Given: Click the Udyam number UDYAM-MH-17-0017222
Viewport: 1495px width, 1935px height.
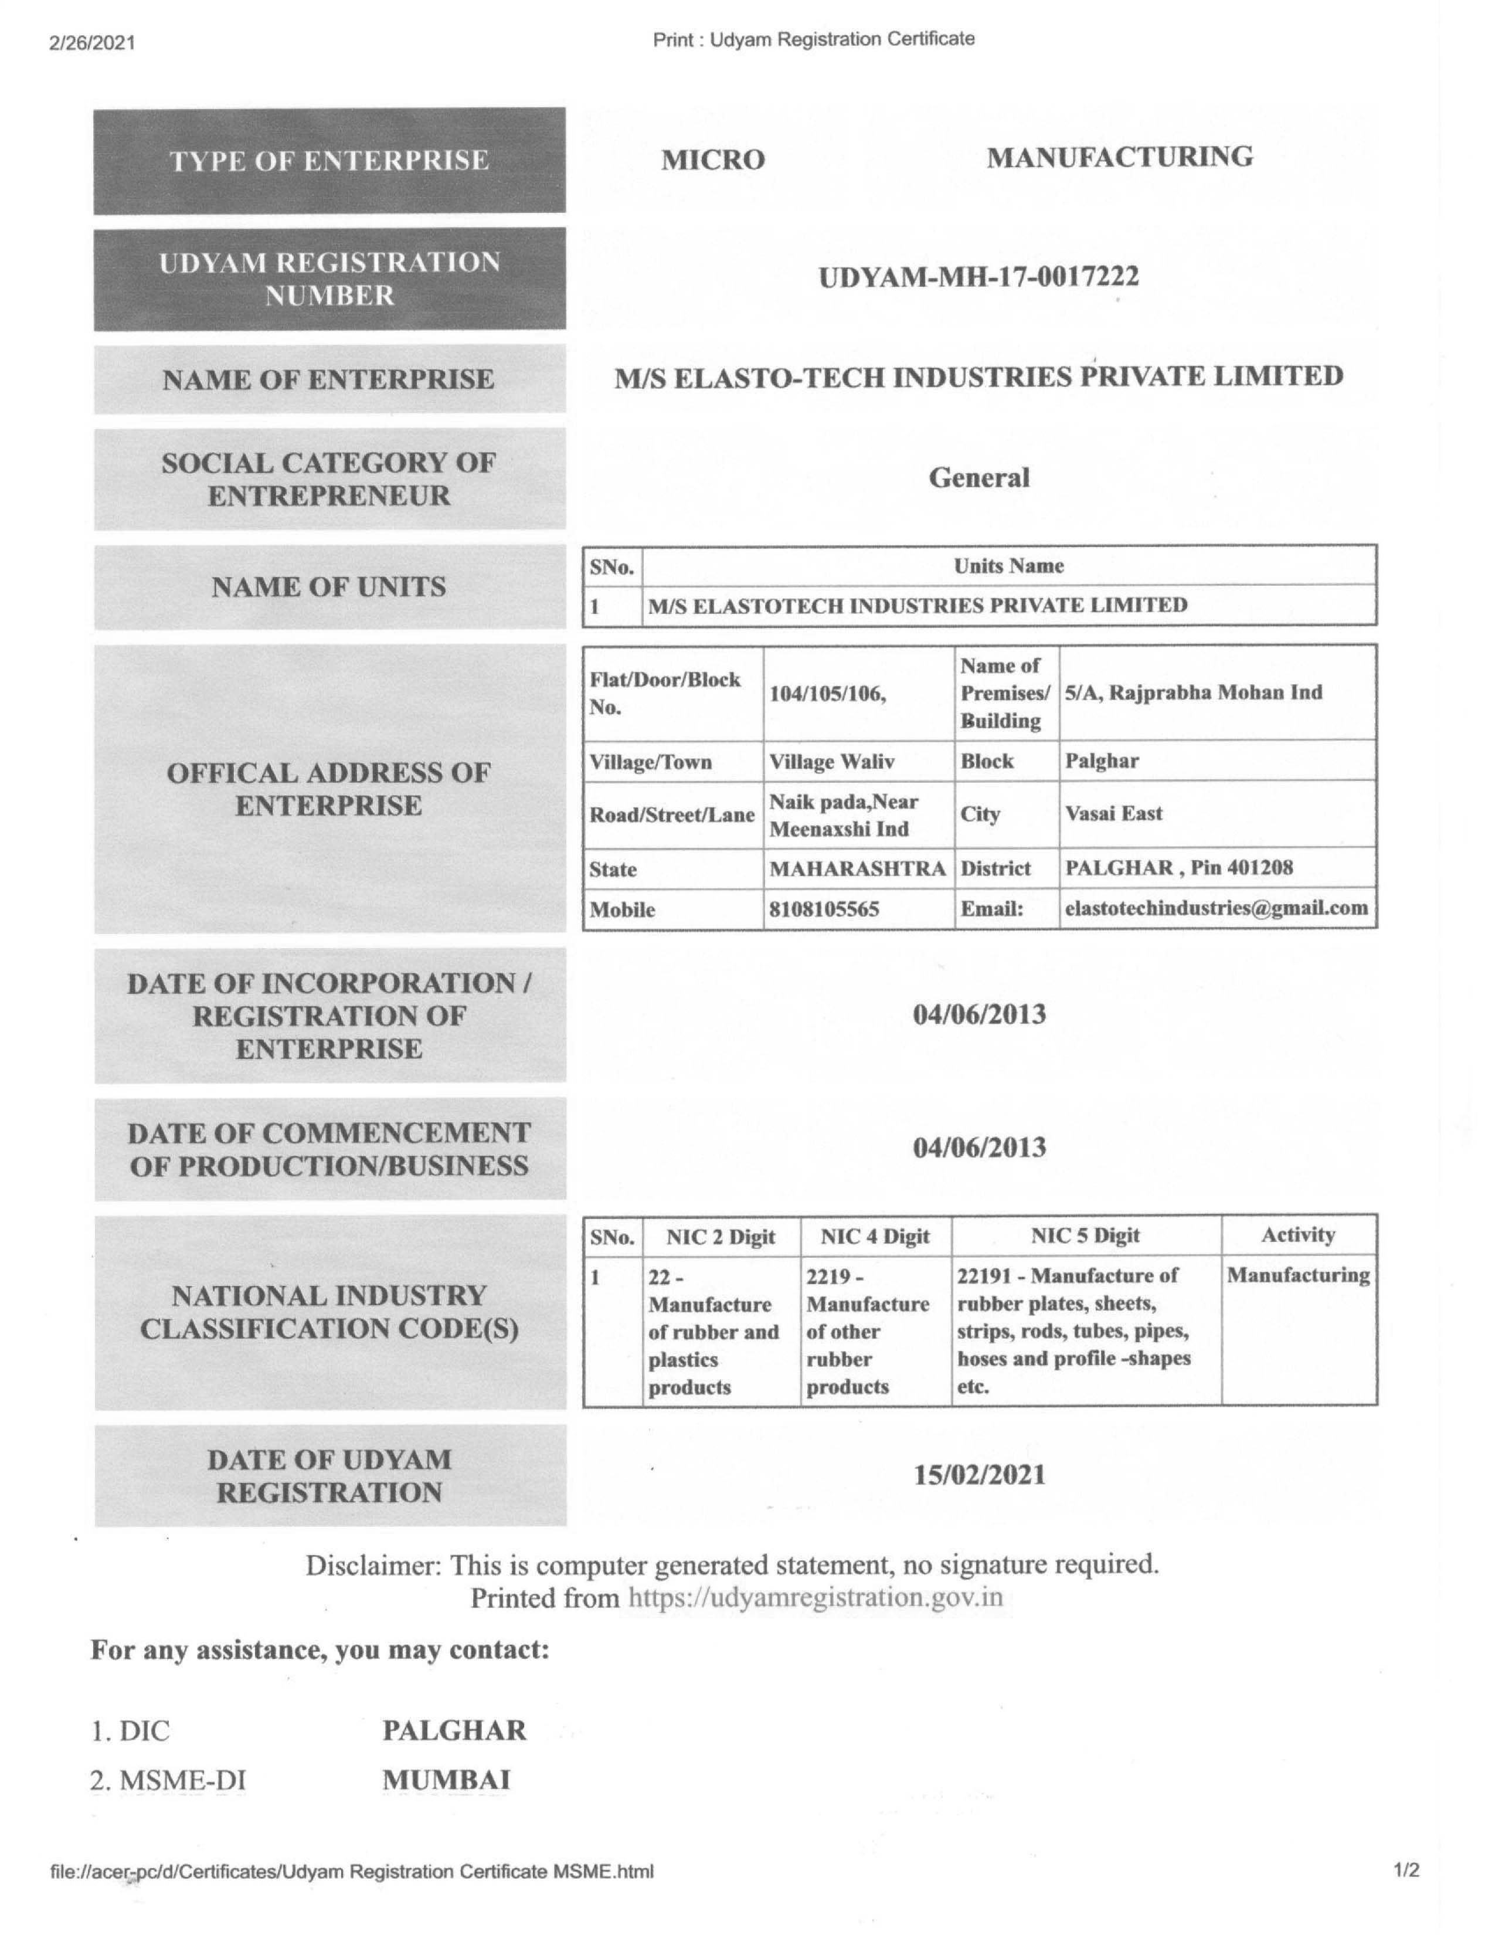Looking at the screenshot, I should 978,278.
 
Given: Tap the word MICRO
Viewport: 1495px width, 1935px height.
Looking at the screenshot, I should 713,160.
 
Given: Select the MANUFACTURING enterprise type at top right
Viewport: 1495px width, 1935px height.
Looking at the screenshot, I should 1119,158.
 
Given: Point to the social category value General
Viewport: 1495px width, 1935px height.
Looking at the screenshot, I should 978,478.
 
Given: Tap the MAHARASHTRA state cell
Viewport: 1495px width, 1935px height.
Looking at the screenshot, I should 857,868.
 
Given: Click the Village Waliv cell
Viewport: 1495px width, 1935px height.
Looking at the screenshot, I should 832,762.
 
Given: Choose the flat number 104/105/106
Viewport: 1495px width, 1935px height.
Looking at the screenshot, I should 827,694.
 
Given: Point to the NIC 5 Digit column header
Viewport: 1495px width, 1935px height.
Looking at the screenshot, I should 1085,1236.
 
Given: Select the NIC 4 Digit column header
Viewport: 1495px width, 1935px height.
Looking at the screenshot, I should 875,1236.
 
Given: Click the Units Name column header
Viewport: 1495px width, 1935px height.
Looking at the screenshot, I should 1009,566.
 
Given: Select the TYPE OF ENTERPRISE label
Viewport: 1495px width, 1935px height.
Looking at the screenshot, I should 329,161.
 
